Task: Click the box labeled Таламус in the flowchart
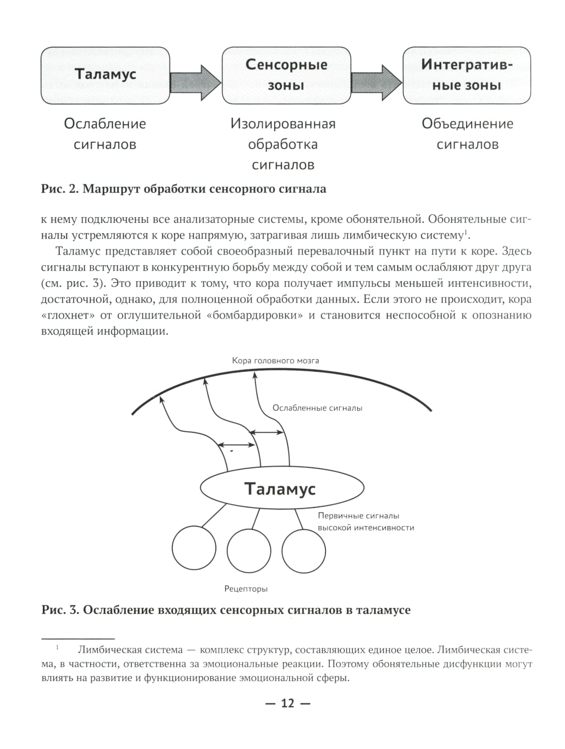click(105, 75)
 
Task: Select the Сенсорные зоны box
click(286, 75)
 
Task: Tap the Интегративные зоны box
click(467, 75)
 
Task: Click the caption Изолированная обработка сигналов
click(283, 144)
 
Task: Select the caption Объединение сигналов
click(467, 134)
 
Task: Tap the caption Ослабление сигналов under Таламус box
click(105, 134)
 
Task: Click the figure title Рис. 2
click(184, 189)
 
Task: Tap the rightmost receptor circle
click(303, 551)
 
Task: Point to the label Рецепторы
click(246, 589)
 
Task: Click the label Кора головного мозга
click(275, 360)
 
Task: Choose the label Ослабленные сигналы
click(317, 408)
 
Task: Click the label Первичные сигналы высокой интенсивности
click(366, 522)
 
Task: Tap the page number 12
click(288, 704)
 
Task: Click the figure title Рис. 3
click(226, 610)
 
